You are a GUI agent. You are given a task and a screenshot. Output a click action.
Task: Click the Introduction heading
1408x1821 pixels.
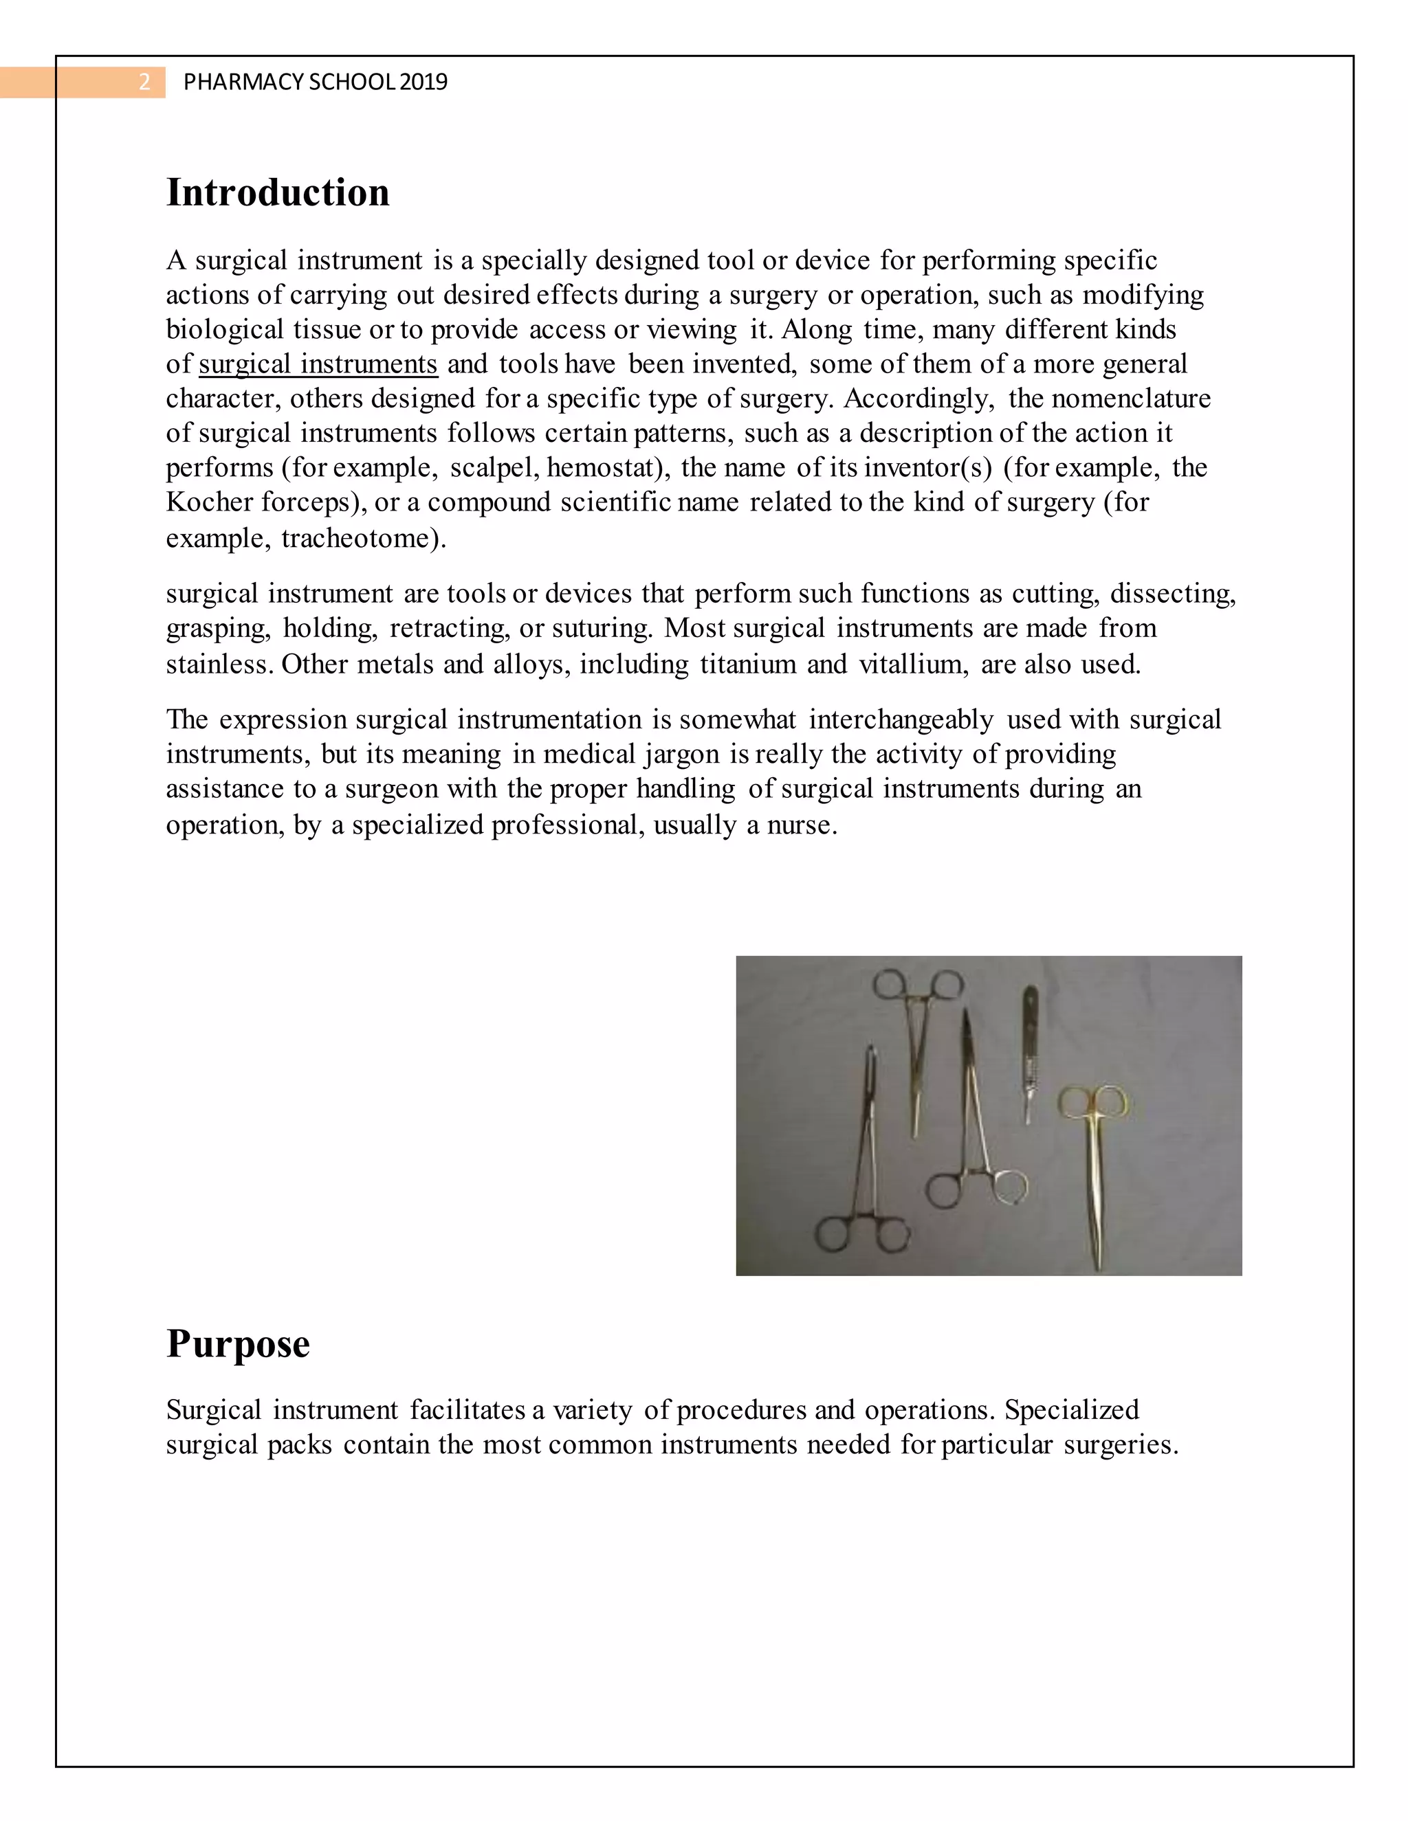point(278,192)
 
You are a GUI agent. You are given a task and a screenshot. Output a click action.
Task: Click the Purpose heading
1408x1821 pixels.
point(238,1343)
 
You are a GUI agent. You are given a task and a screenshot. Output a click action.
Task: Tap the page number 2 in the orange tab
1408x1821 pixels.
point(144,82)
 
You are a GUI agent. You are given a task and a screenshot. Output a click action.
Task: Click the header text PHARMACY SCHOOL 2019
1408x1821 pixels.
point(316,82)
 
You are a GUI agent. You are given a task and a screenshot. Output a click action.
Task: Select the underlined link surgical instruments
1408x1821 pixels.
point(318,364)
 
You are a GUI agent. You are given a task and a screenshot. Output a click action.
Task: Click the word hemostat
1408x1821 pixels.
point(603,468)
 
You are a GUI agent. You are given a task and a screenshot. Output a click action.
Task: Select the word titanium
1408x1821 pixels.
point(747,664)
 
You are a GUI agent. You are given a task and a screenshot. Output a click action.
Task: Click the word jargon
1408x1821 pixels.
point(681,755)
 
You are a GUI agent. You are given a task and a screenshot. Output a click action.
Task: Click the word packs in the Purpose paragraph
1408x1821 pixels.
point(300,1444)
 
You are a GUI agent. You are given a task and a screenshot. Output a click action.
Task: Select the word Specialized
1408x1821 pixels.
point(1071,1410)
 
